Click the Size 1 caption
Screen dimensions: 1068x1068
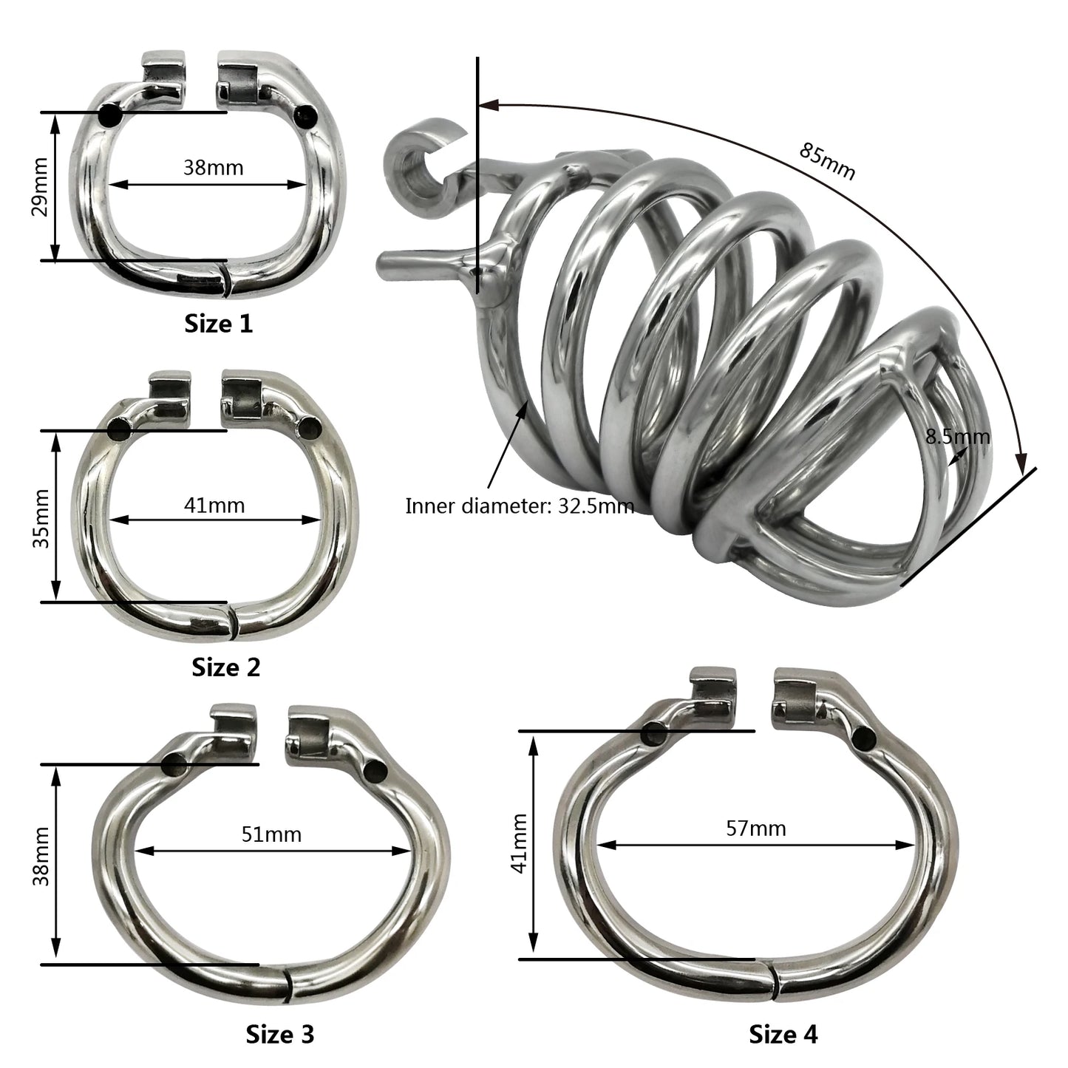[218, 324]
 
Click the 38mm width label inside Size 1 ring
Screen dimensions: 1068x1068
[214, 167]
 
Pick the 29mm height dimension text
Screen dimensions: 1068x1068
[41, 187]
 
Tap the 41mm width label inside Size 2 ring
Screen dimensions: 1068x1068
[214, 506]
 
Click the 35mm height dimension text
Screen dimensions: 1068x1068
[41, 519]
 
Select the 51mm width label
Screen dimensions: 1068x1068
[271, 834]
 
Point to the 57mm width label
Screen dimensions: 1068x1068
[756, 829]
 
